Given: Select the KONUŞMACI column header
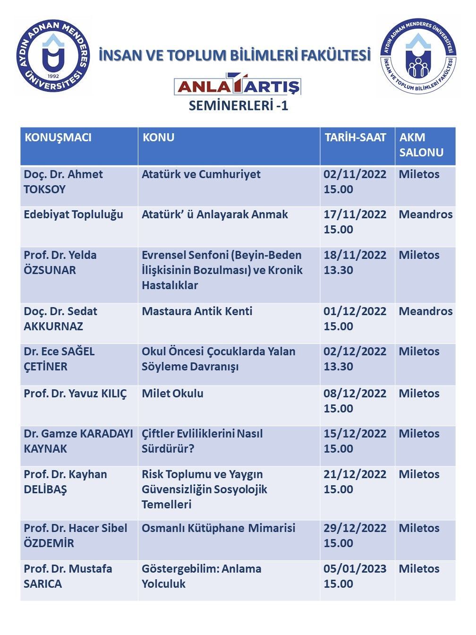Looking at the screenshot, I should click(x=58, y=137).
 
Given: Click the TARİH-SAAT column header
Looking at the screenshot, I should click(x=355, y=137).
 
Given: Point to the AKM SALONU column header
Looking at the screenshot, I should click(x=421, y=145).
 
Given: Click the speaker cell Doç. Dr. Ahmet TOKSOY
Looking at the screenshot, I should click(x=63, y=182).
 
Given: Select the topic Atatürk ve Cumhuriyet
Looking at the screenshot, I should click(x=201, y=174).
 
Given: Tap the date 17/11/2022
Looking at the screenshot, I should click(x=355, y=215).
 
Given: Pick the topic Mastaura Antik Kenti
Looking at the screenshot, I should click(x=197, y=311).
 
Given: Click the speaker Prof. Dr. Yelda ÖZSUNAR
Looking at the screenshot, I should click(x=60, y=263).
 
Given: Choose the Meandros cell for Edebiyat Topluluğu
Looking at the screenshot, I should click(x=425, y=215).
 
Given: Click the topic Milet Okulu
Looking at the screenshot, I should click(x=172, y=394).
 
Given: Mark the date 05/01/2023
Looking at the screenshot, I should click(x=355, y=569).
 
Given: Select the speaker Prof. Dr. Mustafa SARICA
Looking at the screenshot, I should click(x=68, y=576).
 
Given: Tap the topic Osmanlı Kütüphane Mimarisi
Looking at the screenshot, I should click(x=218, y=528).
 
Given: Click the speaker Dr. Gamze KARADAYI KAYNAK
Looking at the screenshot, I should click(x=78, y=441).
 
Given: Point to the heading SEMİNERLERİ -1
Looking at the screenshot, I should click(x=238, y=105).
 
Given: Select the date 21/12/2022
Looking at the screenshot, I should click(x=355, y=474).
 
